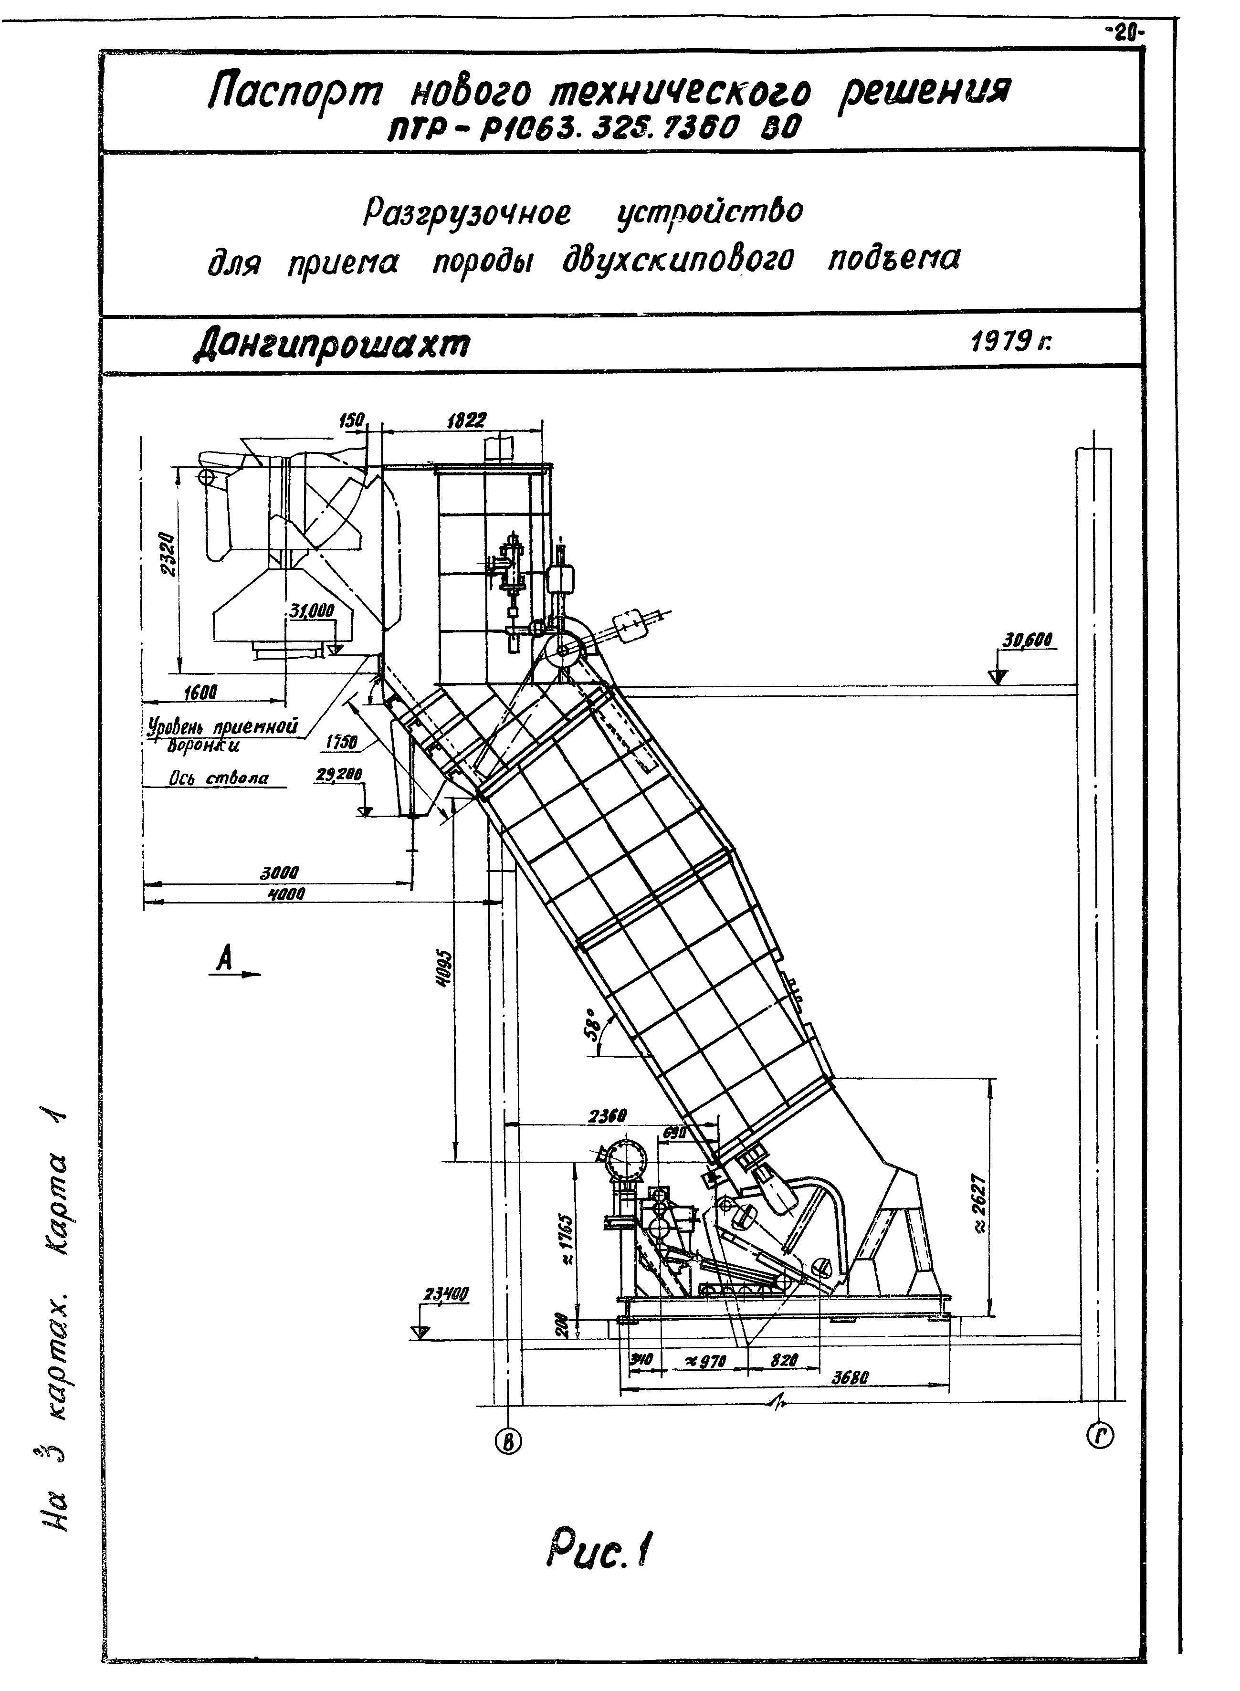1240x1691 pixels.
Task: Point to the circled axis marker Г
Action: (1100, 1437)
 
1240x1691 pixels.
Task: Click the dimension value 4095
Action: (444, 970)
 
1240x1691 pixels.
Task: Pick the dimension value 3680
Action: (851, 1378)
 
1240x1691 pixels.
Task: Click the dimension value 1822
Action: (466, 420)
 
